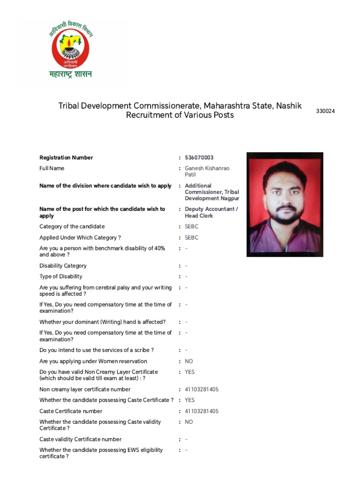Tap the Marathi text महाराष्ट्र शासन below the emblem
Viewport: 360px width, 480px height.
(x=71, y=74)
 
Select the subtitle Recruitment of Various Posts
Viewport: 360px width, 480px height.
(x=180, y=115)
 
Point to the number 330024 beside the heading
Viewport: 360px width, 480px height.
(x=325, y=111)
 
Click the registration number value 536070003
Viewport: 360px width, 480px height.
(x=199, y=157)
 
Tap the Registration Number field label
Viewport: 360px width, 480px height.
(x=66, y=157)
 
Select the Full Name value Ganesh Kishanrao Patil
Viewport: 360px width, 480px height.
(x=207, y=171)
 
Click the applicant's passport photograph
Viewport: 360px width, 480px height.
(x=285, y=204)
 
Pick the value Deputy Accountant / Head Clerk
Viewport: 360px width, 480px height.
(x=211, y=212)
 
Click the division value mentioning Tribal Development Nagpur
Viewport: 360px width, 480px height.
(x=212, y=192)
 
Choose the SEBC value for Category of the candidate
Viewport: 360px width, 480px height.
(x=192, y=226)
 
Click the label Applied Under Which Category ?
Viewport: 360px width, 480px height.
(x=80, y=238)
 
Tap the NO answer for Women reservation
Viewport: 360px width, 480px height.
(x=189, y=361)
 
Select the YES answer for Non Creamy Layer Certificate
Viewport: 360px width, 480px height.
(x=190, y=372)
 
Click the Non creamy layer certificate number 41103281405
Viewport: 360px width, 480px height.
(x=202, y=390)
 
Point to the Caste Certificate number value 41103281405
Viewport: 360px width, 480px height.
(x=202, y=411)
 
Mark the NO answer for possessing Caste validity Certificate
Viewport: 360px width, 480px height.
(x=189, y=422)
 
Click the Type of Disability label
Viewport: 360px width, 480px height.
(x=61, y=277)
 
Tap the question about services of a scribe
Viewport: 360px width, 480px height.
(x=97, y=350)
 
